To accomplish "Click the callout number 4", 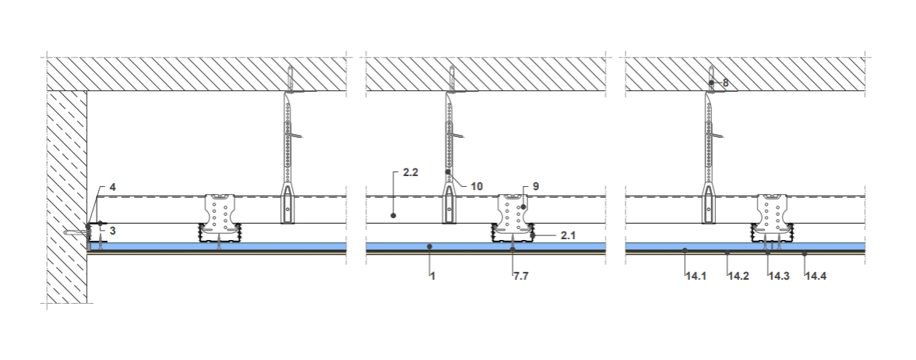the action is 113,189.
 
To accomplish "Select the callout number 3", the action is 113,231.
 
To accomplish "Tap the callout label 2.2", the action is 410,173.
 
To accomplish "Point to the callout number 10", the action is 476,186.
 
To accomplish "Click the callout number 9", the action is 536,186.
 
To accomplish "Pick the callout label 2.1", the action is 568,235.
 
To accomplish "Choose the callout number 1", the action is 432,276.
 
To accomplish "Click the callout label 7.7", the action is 521,276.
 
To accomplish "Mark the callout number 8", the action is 726,83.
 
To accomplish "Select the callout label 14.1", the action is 696,276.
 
